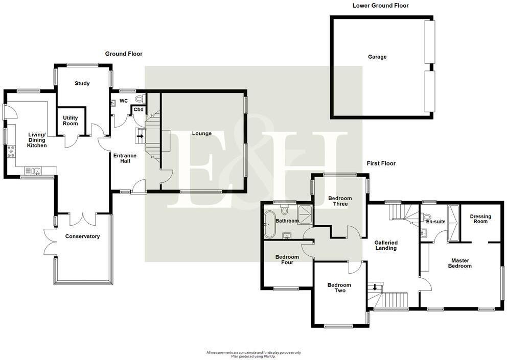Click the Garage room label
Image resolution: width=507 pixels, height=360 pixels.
click(x=377, y=57)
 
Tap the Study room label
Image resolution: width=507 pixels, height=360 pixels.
click(x=82, y=83)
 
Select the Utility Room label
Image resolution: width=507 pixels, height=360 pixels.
click(x=71, y=121)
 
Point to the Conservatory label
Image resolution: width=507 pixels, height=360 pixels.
click(x=82, y=236)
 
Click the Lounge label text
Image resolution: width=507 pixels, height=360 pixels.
click(x=202, y=134)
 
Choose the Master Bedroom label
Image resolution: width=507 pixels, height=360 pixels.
click(x=459, y=263)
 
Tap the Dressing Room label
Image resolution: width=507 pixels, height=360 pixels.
click(x=480, y=219)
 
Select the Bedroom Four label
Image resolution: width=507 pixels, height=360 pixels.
click(x=287, y=259)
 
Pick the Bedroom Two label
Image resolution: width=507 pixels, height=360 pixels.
click(x=339, y=288)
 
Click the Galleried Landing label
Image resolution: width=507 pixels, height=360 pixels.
click(x=385, y=245)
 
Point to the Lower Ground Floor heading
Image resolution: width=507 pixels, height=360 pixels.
click(x=380, y=6)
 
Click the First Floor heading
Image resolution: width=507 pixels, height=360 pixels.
click(x=381, y=163)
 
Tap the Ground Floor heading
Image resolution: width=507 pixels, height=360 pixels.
click(x=124, y=54)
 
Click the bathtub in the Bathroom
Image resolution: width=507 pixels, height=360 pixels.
click(x=269, y=225)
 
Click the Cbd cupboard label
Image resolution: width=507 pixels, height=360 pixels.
click(x=139, y=109)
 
